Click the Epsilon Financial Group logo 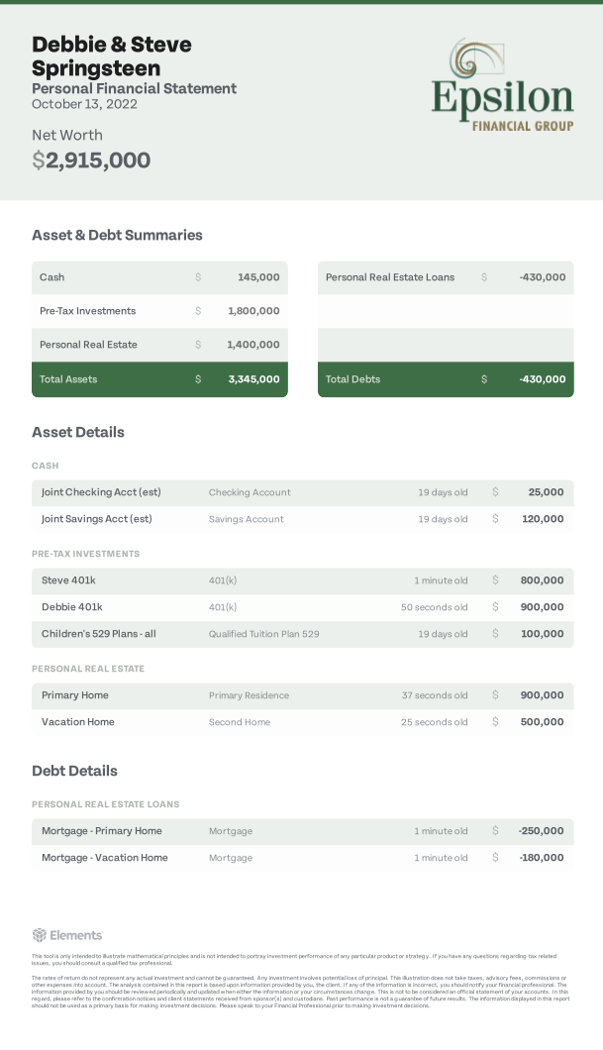[502, 86]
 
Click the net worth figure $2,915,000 [91, 160]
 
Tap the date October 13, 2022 [84, 104]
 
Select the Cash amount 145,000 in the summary [258, 277]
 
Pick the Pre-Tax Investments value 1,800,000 [253, 311]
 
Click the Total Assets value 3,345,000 [253, 379]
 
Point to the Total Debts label [352, 379]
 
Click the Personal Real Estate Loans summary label [390, 277]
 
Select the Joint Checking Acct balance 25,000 [546, 492]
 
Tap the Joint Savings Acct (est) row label [97, 519]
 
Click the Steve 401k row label [68, 580]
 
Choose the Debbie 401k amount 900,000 [542, 607]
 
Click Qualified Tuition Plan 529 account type [263, 634]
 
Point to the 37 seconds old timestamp [435, 695]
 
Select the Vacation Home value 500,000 [542, 722]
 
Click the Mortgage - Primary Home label [102, 831]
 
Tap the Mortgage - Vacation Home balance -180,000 [541, 858]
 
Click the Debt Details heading [74, 771]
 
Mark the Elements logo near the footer [67, 935]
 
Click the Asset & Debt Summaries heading [117, 236]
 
